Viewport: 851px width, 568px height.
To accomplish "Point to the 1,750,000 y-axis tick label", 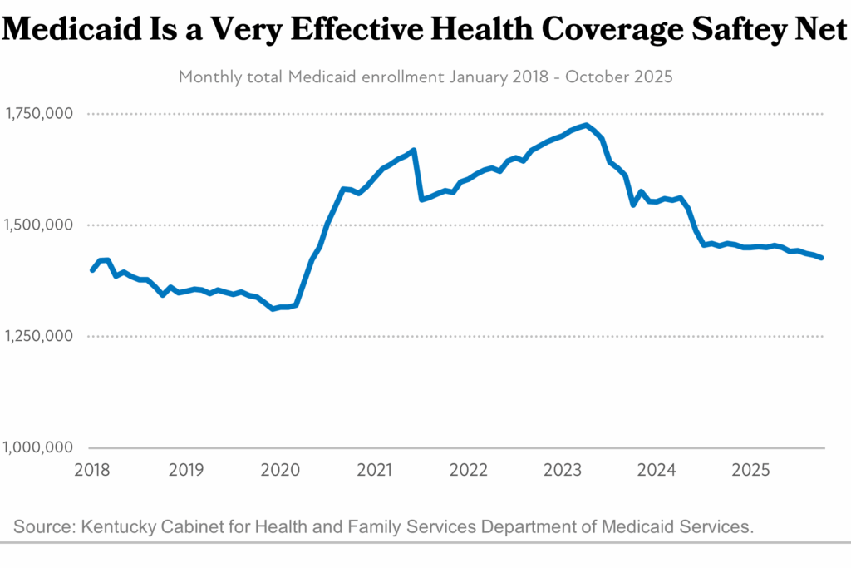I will (x=39, y=113).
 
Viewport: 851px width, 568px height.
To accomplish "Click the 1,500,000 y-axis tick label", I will (x=39, y=225).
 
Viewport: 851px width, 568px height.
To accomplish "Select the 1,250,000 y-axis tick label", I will (x=39, y=336).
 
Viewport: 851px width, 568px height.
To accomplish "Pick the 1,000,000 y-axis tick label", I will (x=39, y=447).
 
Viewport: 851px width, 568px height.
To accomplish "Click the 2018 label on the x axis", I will (x=92, y=470).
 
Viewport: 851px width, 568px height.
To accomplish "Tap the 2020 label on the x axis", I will (x=280, y=470).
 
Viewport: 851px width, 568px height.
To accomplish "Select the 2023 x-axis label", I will (x=563, y=470).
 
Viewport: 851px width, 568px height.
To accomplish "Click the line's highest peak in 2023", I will (x=587, y=126).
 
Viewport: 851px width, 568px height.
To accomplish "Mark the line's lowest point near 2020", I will (x=273, y=309).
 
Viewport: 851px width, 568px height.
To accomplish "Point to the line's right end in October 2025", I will (x=823, y=258).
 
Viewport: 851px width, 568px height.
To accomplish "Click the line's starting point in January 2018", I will (x=92, y=270).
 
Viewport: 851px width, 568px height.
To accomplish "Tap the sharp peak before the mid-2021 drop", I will (x=414, y=151).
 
